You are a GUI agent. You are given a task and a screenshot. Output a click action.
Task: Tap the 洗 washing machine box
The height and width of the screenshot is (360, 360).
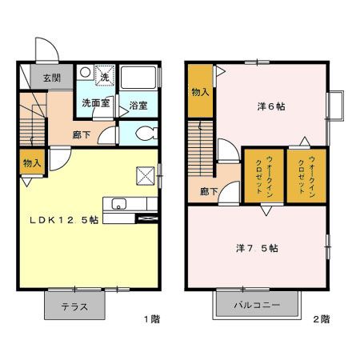pyautogui.click(x=104, y=77)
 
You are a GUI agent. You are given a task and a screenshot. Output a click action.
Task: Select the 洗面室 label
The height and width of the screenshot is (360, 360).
pyautogui.click(x=95, y=104)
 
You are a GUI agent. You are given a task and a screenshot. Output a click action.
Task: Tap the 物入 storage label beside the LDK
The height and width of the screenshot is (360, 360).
pyautogui.click(x=30, y=163)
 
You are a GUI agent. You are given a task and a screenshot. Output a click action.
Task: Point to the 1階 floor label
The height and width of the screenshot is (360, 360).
pyautogui.click(x=151, y=319)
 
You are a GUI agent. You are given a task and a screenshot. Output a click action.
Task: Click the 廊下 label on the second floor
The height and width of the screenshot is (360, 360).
pyautogui.click(x=210, y=192)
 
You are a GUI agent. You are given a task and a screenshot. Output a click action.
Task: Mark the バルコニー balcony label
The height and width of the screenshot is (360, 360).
pyautogui.click(x=257, y=305)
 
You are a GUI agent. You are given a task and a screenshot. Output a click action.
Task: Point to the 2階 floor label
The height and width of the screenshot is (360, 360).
pyautogui.click(x=320, y=319)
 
